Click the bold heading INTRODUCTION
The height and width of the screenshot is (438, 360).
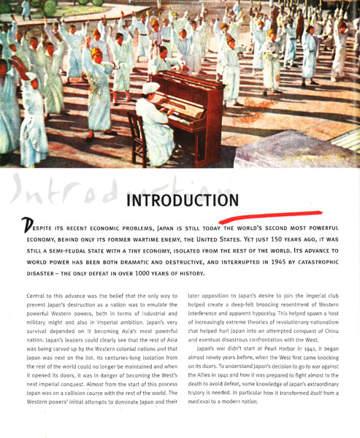(182, 200)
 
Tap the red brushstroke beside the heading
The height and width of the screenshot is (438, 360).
(270, 215)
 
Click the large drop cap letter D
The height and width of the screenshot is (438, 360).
(27, 228)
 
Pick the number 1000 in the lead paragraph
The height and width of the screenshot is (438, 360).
(147, 273)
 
